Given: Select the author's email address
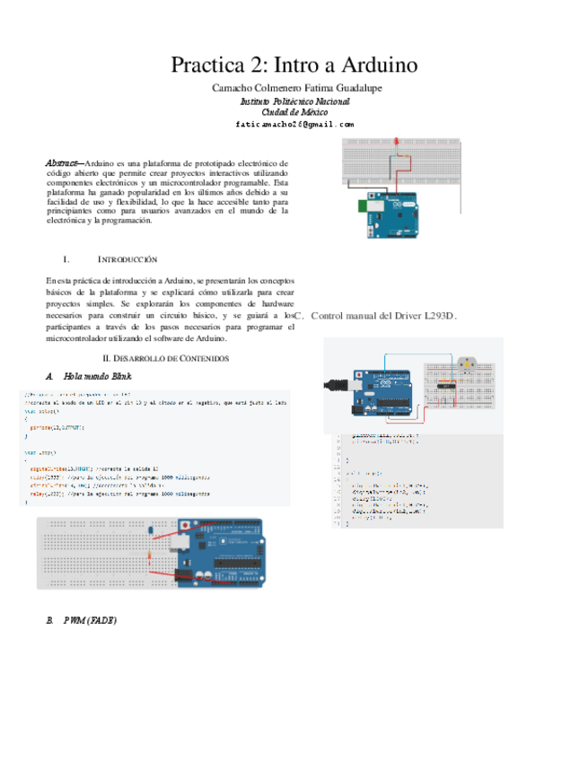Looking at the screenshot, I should (x=294, y=125).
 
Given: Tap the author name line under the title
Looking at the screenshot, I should (x=294, y=89).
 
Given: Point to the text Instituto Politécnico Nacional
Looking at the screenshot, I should (x=294, y=101).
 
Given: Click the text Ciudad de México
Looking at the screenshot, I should (x=294, y=112).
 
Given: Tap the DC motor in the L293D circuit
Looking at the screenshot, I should (x=466, y=364).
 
